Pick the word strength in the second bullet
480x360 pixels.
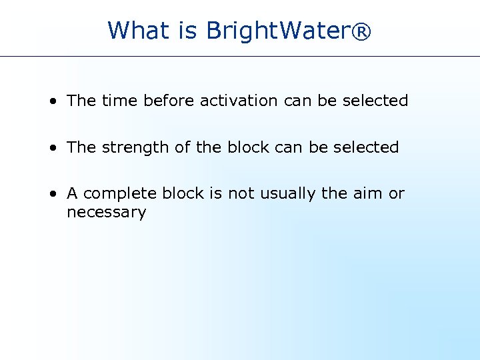[x=136, y=147]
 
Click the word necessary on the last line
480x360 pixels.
[x=106, y=213]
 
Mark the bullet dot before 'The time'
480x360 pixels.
[x=52, y=101]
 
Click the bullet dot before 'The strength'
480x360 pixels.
[x=52, y=148]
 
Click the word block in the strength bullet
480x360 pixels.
[x=247, y=147]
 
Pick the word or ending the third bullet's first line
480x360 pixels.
[x=397, y=194]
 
